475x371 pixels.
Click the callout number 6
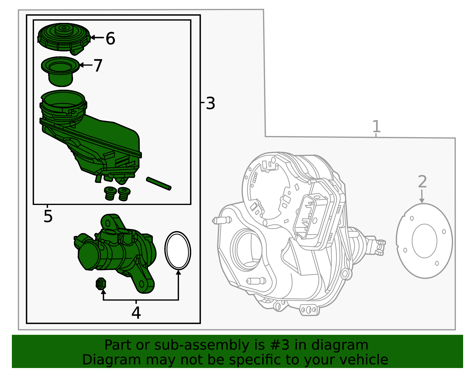pos(110,38)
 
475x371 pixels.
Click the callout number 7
pos(98,65)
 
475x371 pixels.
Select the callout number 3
pos(210,103)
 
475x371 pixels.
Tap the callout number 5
pos(48,216)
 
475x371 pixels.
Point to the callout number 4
pos(136,313)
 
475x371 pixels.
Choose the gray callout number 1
pos(376,126)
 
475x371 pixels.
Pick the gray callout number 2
pos(422,181)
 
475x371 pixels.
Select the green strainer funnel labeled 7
pos(60,71)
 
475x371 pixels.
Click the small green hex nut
pos(101,284)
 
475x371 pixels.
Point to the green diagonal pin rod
pos(159,184)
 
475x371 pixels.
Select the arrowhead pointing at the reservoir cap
pos(92,38)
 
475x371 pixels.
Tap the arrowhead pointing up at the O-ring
pos(178,272)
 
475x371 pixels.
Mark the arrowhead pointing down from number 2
pos(422,201)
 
